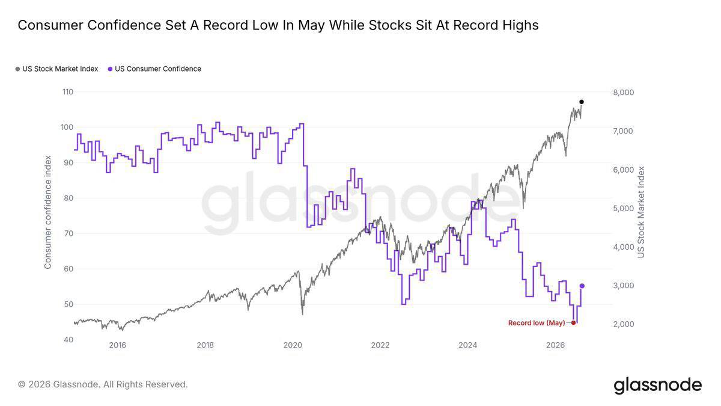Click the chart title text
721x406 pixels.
coord(278,25)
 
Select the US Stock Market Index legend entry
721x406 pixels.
coord(57,69)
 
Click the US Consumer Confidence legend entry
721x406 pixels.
coord(154,69)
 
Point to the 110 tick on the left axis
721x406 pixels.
coord(67,92)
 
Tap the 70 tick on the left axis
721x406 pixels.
coord(68,233)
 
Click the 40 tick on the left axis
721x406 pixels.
coord(68,340)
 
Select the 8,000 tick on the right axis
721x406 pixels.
coord(624,93)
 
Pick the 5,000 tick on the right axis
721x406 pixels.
coord(624,209)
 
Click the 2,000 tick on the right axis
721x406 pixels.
coord(624,324)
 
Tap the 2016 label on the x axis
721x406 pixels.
coord(118,345)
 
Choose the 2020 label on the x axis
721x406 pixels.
coord(293,345)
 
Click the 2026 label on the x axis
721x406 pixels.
coord(555,345)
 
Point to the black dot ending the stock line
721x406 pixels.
coord(582,102)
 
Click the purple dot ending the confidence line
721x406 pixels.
coord(582,286)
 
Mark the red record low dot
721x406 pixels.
coord(573,322)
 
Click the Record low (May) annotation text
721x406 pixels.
coord(537,323)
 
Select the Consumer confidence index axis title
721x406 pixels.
coord(47,212)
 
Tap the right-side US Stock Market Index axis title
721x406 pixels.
coord(641,212)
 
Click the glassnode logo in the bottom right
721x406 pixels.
coord(657,385)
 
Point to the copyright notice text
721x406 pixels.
coord(103,384)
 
